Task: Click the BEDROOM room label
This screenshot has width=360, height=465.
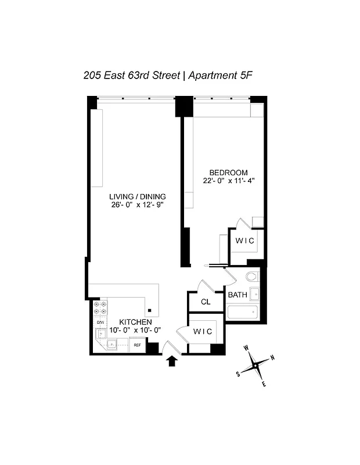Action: [228, 173]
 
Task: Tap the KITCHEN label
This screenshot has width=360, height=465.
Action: [135, 322]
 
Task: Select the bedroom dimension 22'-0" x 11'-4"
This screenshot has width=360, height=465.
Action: [228, 181]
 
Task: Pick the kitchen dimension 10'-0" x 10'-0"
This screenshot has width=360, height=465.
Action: [135, 331]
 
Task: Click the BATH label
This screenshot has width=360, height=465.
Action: [237, 295]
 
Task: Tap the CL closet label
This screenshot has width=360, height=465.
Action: [205, 302]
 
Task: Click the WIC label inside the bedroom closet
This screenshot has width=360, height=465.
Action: [244, 241]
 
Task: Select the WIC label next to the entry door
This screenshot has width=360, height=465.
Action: [203, 331]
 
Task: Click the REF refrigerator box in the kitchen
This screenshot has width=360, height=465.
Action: [138, 345]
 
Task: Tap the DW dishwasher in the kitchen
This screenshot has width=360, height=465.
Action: [100, 322]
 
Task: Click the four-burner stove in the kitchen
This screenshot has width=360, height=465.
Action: [100, 307]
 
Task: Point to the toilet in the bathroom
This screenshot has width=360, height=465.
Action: [253, 277]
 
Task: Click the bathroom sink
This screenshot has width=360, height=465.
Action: [254, 294]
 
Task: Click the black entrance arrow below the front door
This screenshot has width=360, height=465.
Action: [172, 362]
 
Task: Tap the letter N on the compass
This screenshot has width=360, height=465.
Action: [273, 358]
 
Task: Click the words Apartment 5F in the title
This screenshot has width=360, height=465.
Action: [218, 76]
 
